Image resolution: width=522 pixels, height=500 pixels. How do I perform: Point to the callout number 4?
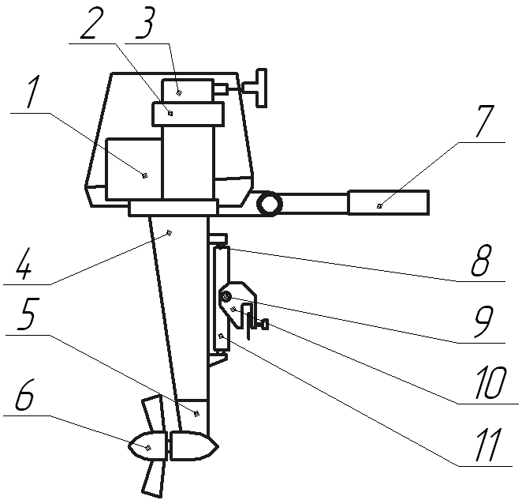tap(24, 262)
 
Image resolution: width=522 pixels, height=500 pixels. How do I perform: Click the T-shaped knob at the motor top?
tap(257, 88)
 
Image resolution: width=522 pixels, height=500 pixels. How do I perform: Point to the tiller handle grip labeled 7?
tap(389, 202)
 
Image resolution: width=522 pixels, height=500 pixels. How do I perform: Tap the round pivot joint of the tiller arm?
tap(269, 205)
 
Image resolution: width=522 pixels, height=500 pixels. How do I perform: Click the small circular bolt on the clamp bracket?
tap(226, 296)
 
